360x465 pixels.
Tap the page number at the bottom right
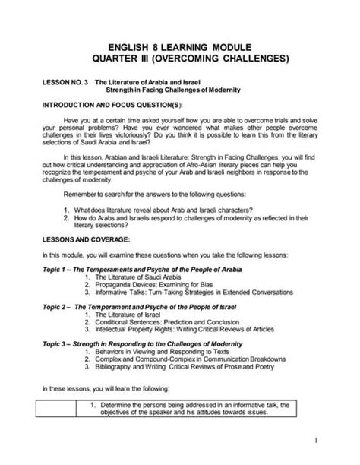click(x=336, y=440)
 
